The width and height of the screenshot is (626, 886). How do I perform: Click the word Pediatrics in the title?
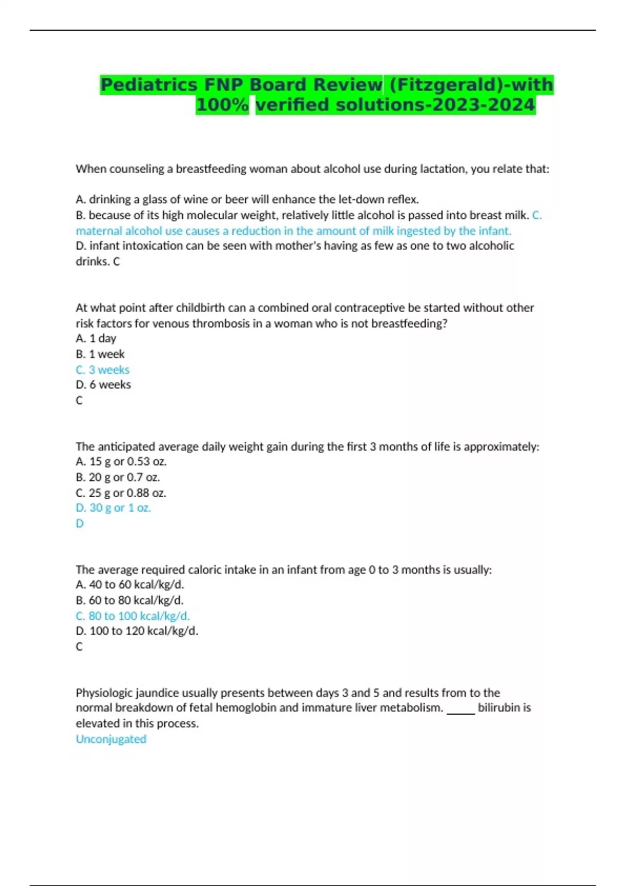(149, 84)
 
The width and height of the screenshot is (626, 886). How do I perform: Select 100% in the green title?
(222, 105)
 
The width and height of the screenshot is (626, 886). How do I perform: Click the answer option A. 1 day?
(96, 338)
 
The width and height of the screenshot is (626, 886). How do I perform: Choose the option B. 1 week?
(100, 354)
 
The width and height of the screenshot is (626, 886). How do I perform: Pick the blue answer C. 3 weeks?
(103, 370)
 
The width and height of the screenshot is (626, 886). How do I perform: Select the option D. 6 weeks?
(103, 385)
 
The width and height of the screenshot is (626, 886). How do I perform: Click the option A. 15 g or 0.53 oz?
(121, 461)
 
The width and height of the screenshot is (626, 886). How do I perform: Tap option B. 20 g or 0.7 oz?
(118, 477)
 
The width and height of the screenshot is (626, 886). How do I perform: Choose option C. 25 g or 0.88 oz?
(121, 493)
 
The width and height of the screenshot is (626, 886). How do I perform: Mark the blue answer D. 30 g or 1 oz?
(113, 508)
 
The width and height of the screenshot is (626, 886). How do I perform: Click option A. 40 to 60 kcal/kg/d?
(130, 585)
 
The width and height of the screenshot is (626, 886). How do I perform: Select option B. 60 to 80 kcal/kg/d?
(130, 600)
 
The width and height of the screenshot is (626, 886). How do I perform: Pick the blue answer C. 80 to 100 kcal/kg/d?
(133, 616)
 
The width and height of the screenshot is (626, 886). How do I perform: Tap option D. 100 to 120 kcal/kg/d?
(137, 631)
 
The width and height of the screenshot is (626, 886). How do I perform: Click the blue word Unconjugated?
(111, 739)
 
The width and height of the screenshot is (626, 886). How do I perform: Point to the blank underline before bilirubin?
(461, 711)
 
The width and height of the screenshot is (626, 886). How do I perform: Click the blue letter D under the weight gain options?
(80, 523)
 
